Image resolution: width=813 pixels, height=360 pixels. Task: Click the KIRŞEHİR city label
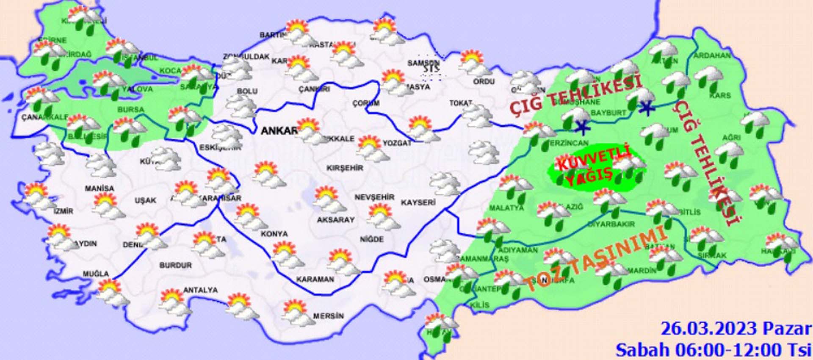(345, 168)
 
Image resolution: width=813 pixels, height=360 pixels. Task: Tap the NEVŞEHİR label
(374, 197)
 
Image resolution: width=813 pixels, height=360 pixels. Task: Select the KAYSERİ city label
(418, 203)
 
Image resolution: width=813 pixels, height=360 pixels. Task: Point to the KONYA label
(274, 234)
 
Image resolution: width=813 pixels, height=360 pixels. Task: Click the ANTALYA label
(200, 291)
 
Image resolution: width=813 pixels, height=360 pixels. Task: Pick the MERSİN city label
(328, 316)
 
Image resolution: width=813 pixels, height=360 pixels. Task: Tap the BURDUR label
(175, 266)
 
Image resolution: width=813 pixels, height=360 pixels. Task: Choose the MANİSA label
(99, 188)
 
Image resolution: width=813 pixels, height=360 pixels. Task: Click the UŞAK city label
(145, 200)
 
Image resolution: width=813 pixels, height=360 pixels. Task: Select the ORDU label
(484, 81)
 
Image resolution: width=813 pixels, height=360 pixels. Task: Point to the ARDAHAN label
(712, 55)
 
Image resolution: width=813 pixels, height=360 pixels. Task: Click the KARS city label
(720, 96)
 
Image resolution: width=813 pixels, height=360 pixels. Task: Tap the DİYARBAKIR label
(611, 224)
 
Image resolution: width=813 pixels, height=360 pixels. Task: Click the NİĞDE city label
(371, 240)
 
